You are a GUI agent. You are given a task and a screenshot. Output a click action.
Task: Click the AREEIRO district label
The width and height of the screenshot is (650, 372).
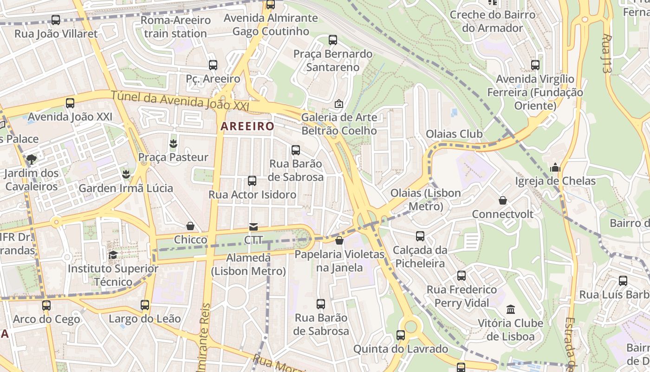pos(247,126)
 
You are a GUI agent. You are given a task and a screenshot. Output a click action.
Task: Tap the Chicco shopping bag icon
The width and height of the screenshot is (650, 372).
pos(190,226)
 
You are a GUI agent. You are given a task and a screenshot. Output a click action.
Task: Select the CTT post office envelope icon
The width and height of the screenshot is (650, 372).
pos(253,227)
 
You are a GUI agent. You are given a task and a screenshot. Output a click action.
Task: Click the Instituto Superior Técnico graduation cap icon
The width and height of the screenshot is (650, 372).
pos(113,255)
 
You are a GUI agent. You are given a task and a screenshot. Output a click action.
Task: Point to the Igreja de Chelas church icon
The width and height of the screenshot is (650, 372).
pos(555,167)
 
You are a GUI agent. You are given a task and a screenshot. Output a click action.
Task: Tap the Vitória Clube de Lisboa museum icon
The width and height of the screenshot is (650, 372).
pos(511,309)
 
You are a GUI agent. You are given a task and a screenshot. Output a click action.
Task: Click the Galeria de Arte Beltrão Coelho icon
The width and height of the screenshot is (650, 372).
pos(339,104)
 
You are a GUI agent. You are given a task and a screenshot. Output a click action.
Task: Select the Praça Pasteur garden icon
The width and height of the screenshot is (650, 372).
pos(174,144)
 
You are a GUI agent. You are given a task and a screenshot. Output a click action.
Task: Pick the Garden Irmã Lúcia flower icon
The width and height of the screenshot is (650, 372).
pos(125,174)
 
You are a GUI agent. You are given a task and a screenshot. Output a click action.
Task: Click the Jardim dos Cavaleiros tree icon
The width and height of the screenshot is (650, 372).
pos(32,159)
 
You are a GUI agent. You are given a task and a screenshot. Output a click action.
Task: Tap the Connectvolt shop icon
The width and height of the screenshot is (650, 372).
pos(503,200)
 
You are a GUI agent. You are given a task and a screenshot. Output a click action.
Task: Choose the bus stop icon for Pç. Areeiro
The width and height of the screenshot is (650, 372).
pos(213,65)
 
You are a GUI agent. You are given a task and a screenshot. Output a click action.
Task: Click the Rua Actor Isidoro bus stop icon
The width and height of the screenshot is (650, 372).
pos(252,181)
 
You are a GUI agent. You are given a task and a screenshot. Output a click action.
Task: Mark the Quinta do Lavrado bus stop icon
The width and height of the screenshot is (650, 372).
pos(401,335)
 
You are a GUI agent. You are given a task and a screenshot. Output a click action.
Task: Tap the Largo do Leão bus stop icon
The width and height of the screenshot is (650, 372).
pos(145,305)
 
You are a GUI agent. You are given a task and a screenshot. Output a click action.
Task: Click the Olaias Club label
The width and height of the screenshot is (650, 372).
pos(454,134)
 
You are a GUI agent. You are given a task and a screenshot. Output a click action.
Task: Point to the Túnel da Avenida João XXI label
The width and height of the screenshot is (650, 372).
pos(180,101)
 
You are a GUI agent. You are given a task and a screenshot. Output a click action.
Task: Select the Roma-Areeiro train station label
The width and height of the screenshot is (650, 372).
pos(175,27)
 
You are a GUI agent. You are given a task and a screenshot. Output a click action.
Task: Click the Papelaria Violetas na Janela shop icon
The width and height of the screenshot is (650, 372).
pos(339,240)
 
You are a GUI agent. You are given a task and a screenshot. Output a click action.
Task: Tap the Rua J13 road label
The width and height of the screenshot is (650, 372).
pos(607,53)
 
